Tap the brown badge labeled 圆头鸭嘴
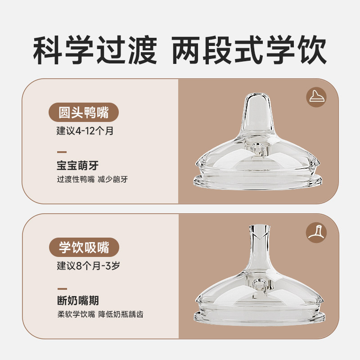click(84, 112)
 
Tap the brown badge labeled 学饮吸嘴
click(84, 247)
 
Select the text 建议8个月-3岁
click(88, 265)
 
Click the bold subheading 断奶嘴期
click(78, 300)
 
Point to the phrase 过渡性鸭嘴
click(76, 179)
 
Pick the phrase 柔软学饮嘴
click(76, 314)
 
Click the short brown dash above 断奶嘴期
click(62, 288)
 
